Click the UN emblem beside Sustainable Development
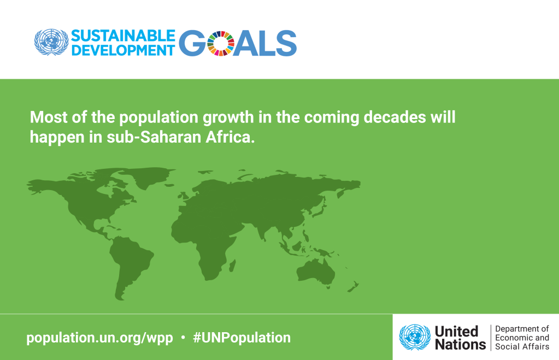51,42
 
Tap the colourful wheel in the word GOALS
221,44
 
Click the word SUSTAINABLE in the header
123,36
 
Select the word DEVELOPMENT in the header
123,50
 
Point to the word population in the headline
158,117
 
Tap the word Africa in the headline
230,137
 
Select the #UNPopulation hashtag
242,338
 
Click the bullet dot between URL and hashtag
183,337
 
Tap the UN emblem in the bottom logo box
415,337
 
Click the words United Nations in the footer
460,338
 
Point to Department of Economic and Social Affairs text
522,338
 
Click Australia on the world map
316,272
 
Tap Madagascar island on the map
232,265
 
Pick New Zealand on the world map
354,286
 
